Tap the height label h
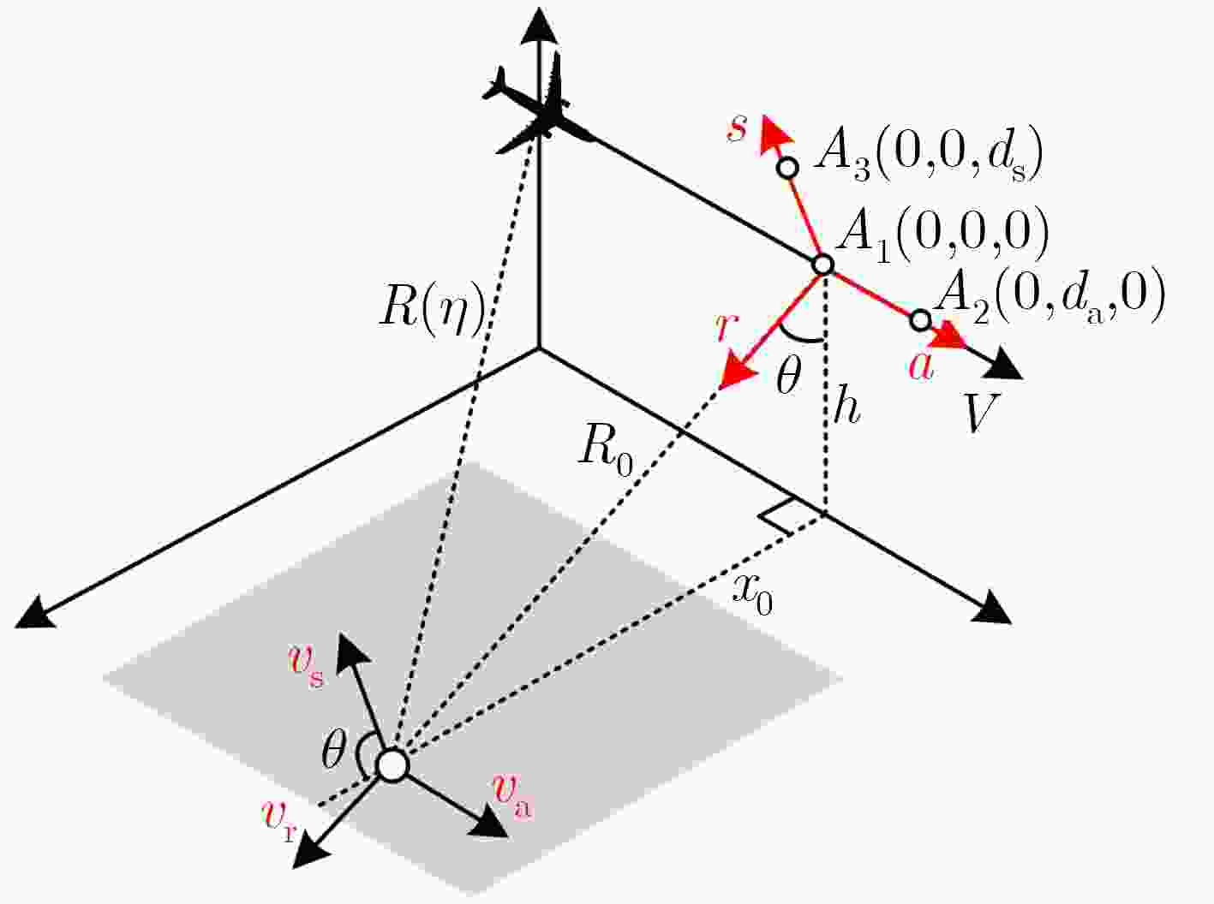(x=846, y=409)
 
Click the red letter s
(x=737, y=128)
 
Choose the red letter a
(x=921, y=367)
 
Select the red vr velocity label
(x=279, y=821)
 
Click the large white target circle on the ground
(x=392, y=765)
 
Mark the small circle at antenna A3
(x=787, y=168)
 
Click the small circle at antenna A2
(x=920, y=320)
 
